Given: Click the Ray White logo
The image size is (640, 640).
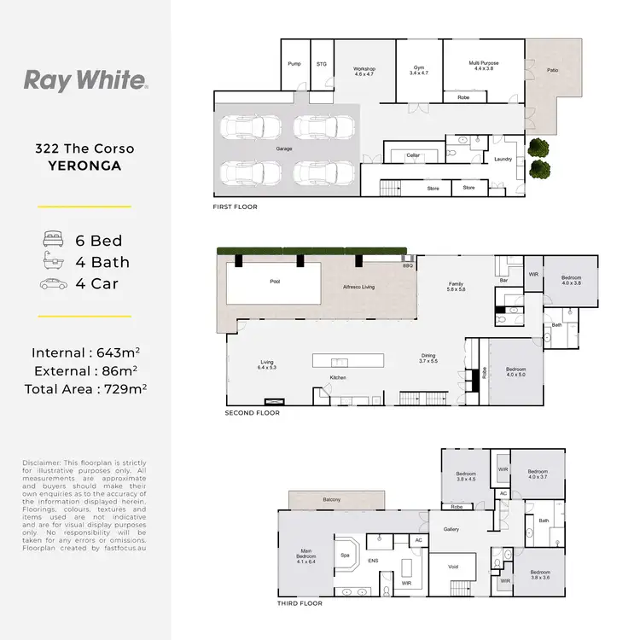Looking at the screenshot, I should (85, 81).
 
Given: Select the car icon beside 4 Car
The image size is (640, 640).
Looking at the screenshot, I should (50, 284).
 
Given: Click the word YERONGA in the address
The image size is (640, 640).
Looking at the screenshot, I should (84, 166).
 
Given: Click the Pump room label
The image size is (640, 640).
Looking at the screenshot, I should (294, 63).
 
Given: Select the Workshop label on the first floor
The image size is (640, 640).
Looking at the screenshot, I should (364, 68).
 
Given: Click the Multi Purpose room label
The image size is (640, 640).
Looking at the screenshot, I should (484, 63).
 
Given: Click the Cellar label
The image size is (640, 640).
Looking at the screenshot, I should (413, 155).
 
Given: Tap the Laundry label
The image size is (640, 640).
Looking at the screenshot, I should (502, 159).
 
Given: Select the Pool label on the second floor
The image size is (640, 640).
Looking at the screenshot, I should (275, 281).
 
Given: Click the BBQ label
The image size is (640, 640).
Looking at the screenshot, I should (407, 266).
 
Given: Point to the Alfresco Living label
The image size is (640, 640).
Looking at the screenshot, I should (359, 288).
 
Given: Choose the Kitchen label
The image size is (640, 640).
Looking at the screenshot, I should (338, 378).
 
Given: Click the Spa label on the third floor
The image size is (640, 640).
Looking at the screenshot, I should (346, 555).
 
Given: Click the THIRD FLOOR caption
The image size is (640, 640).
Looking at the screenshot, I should (300, 603).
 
